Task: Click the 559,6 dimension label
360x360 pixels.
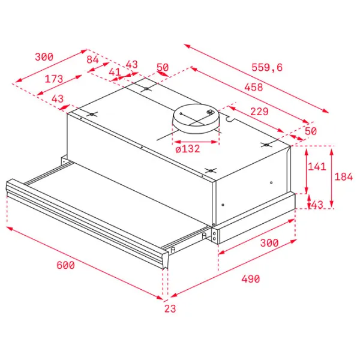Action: (267, 67)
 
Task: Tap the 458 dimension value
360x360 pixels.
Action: (254, 87)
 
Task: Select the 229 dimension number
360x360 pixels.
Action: (259, 112)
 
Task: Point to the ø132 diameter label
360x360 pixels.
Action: (188, 149)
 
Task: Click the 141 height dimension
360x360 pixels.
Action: (317, 166)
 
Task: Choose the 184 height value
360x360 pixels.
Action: (343, 176)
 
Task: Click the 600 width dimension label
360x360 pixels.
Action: (65, 265)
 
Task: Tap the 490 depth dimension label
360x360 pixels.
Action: (251, 279)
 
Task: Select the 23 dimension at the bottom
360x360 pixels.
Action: (170, 308)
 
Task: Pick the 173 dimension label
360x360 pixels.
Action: (54, 79)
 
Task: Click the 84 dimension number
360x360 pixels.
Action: (92, 59)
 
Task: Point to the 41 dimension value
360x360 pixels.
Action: (115, 72)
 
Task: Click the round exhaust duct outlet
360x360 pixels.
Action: (196, 118)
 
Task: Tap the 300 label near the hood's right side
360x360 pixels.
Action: (269, 242)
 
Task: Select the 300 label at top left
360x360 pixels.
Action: (44, 57)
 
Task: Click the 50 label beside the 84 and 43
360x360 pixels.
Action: (163, 67)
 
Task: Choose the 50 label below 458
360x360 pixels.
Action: (311, 131)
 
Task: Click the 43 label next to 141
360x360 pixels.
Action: (317, 205)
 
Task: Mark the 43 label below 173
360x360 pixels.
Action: (58, 99)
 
